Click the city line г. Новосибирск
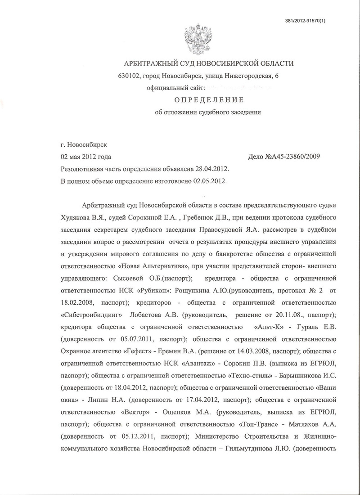(x=84, y=145)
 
